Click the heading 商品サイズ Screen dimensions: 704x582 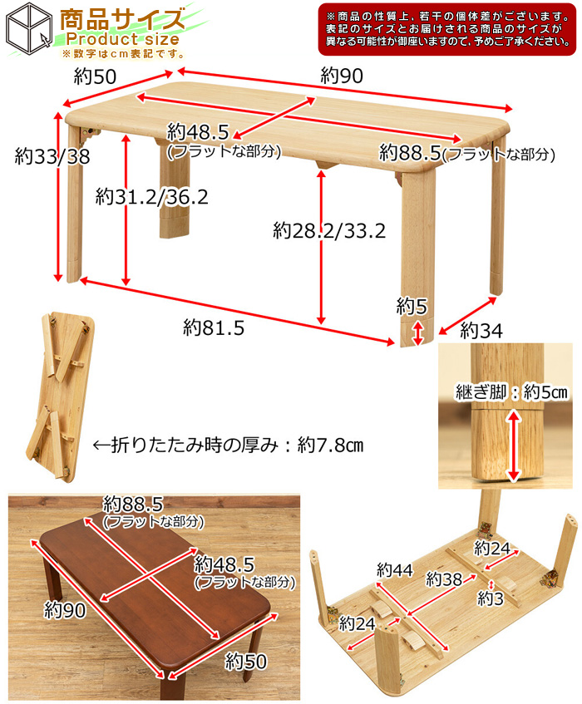(x=122, y=17)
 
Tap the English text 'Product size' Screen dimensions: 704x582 (x=123, y=39)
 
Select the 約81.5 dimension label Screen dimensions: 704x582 (x=214, y=328)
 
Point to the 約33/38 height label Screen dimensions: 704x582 (x=52, y=156)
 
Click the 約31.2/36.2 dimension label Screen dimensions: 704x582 (x=151, y=197)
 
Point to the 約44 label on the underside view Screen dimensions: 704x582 (x=394, y=569)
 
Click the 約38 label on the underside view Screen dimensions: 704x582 (x=444, y=579)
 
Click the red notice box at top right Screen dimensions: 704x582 (x=447, y=28)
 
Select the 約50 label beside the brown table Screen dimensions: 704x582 (x=244, y=661)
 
